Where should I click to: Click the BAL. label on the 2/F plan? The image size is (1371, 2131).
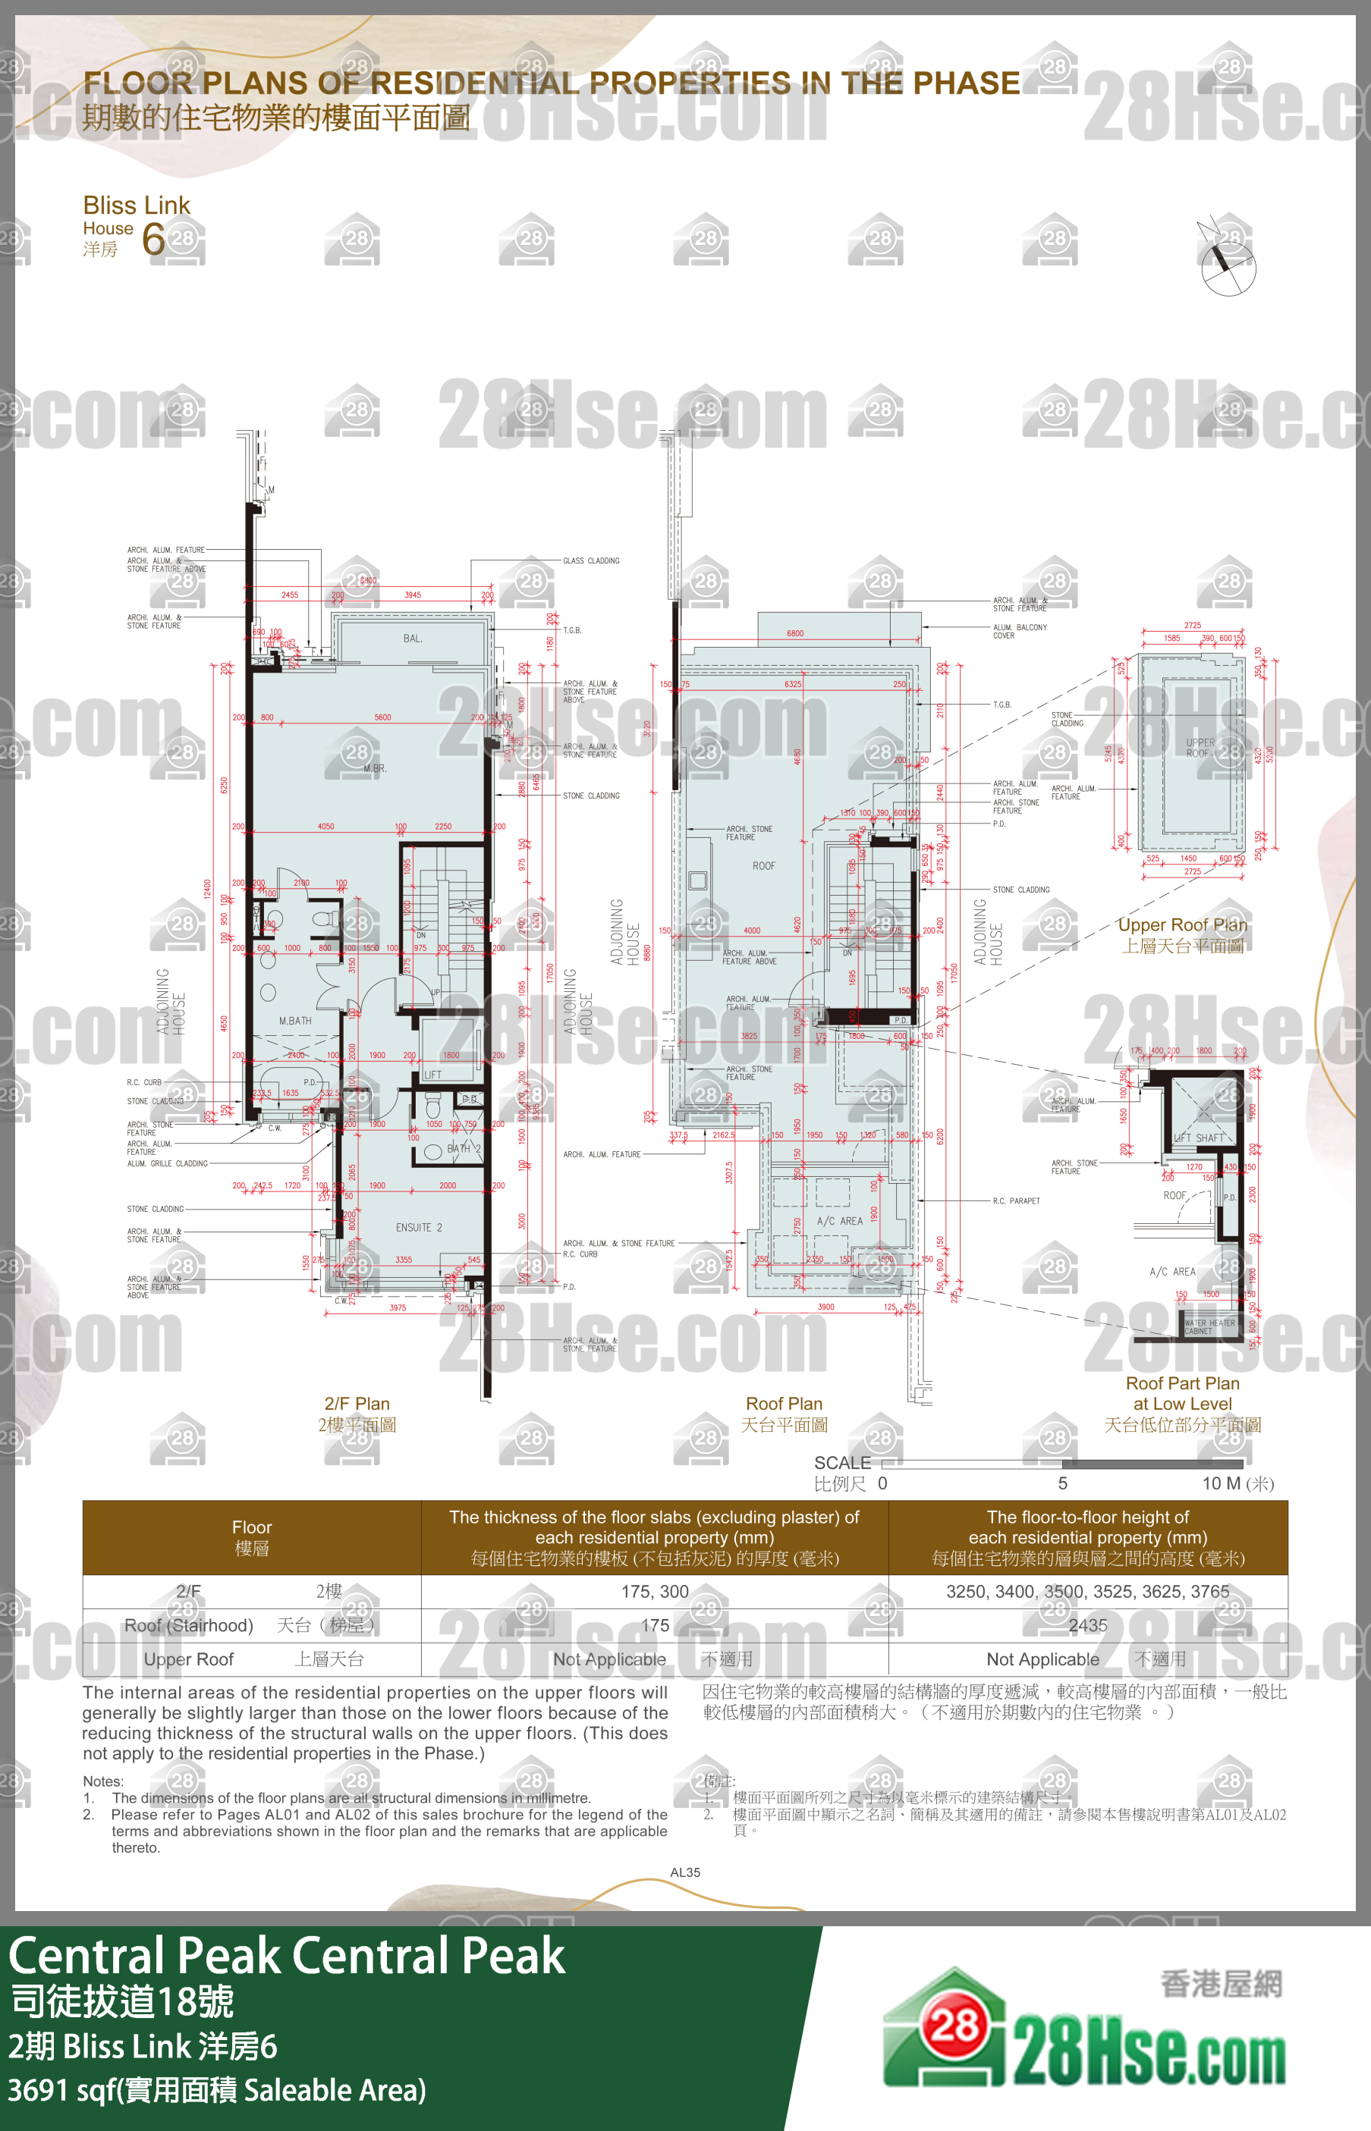click(412, 639)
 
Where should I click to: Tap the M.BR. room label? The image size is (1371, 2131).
click(375, 769)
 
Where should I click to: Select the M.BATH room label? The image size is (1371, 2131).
click(296, 1021)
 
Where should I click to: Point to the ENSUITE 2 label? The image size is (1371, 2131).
click(418, 1227)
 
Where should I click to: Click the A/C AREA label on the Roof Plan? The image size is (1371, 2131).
click(839, 1221)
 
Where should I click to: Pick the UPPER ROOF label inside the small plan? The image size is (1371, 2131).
click(1200, 748)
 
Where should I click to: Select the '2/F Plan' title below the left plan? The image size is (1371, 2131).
click(357, 1403)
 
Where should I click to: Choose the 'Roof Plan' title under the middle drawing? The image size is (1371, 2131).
click(785, 1403)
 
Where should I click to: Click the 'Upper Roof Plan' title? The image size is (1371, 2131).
click(1182, 924)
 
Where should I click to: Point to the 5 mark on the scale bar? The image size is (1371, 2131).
click(1062, 1483)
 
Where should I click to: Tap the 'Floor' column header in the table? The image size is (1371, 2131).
click(252, 1527)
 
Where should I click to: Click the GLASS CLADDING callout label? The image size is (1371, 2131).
click(591, 560)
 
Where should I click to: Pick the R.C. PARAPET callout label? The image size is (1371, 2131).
click(1016, 1200)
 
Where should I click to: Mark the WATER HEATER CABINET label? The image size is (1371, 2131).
click(1209, 1326)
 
